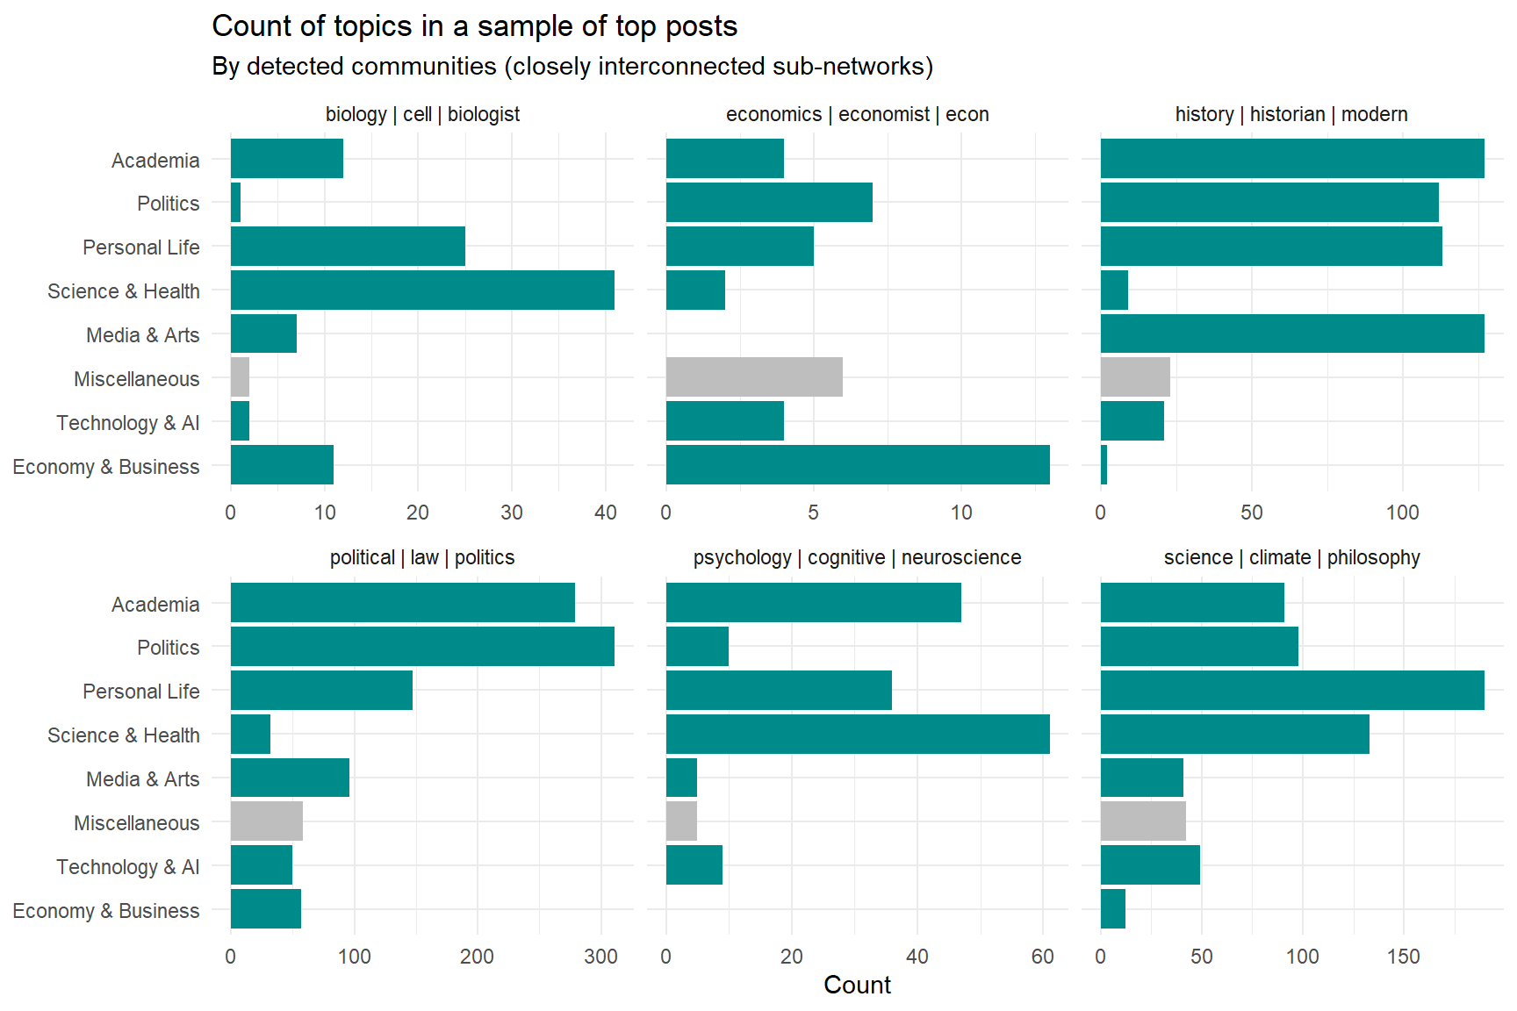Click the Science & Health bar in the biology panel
422,290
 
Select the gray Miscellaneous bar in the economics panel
754,376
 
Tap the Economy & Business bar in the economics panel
858,464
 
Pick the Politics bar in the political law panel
422,646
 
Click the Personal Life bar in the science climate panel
1292,690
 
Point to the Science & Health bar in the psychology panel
858,734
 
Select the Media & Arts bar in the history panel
1292,333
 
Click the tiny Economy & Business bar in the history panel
1104,464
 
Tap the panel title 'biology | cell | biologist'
422,114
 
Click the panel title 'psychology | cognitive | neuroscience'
857,557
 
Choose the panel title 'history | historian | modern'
1291,114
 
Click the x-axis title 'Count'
857,985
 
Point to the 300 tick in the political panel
601,957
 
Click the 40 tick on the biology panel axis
605,513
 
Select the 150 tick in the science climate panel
1403,957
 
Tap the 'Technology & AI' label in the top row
128,423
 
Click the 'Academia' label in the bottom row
155,605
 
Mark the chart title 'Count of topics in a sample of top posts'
475,26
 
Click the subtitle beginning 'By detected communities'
572,67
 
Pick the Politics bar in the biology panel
236,202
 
